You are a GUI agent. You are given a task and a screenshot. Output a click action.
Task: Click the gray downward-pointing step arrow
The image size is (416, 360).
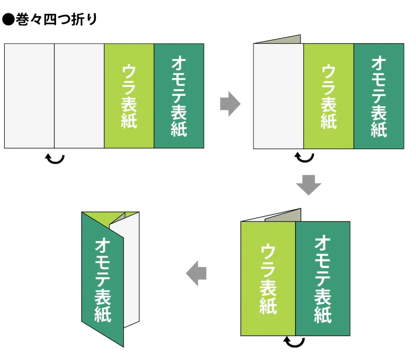(309, 185)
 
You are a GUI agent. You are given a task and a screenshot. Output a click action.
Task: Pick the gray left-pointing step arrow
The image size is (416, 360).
(196, 273)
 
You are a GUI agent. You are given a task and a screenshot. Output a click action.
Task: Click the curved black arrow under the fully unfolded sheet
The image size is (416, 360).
(55, 159)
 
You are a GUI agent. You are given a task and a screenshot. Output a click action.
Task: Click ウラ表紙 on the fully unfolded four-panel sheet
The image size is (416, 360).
(129, 96)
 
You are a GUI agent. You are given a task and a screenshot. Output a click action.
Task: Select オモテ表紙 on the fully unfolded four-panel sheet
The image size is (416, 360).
(179, 96)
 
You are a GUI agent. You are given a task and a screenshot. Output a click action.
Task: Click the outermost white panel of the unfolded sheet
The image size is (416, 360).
(29, 96)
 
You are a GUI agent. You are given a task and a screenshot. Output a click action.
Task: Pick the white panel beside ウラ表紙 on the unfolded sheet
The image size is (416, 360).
(79, 96)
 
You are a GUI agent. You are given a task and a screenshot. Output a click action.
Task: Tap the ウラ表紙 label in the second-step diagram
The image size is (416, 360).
(329, 96)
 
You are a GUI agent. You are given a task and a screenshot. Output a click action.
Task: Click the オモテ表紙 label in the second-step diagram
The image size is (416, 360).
(379, 96)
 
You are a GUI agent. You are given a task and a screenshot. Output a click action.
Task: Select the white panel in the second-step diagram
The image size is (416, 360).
(278, 96)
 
